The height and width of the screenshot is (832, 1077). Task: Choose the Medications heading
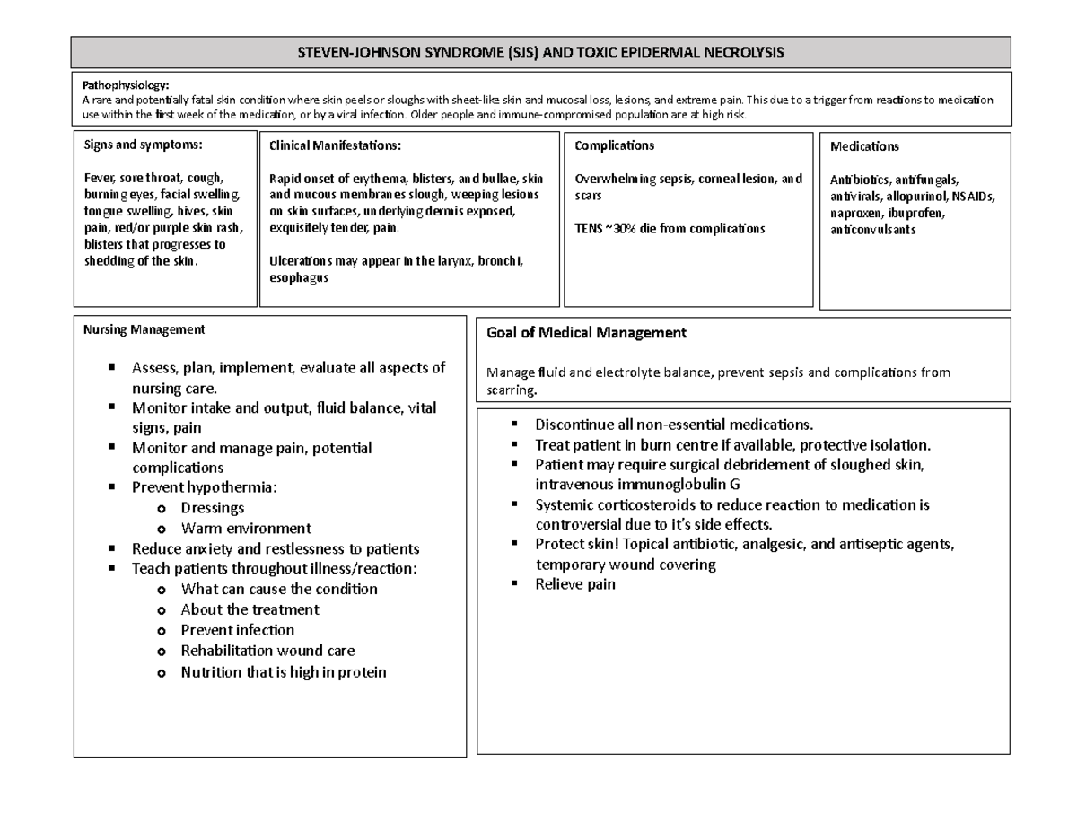pos(864,146)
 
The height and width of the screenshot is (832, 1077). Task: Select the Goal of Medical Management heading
pos(585,333)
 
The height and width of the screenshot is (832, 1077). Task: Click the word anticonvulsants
pos(873,229)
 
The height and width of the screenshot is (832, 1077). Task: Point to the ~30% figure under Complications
pos(625,229)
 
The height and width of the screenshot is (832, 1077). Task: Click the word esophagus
pos(299,277)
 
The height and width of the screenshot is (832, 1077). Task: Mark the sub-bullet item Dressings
pos(212,508)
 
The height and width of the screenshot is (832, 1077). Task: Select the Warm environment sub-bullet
pos(246,529)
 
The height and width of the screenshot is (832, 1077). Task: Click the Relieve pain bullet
pos(575,584)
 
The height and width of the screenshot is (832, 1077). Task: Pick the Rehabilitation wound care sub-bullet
pos(267,651)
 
